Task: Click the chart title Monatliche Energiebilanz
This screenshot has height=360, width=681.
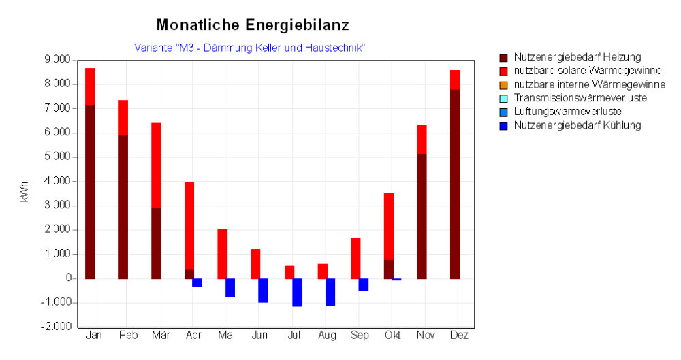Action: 253,25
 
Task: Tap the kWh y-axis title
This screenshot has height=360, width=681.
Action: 25,193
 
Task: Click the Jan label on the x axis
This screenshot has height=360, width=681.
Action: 93,336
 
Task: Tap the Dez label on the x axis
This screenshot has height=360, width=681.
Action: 458,336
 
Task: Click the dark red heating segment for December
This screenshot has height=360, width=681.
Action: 455,184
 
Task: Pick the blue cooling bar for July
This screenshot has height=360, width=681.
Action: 297,293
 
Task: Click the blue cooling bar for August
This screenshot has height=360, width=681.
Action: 330,292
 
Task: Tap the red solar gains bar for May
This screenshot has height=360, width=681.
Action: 222,254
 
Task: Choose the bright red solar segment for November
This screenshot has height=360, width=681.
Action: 422,140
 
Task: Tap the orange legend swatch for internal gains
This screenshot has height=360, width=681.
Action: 503,84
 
